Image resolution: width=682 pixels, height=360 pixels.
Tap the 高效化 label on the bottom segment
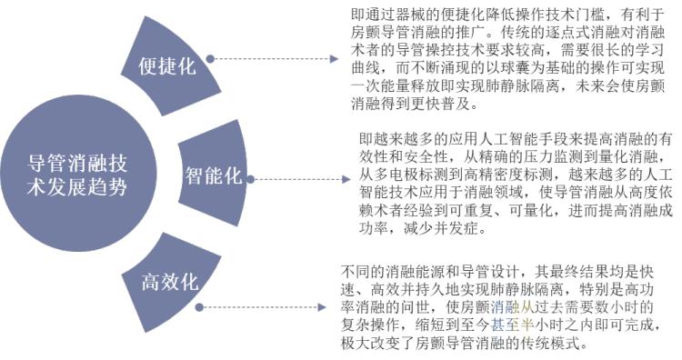pos(170,282)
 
